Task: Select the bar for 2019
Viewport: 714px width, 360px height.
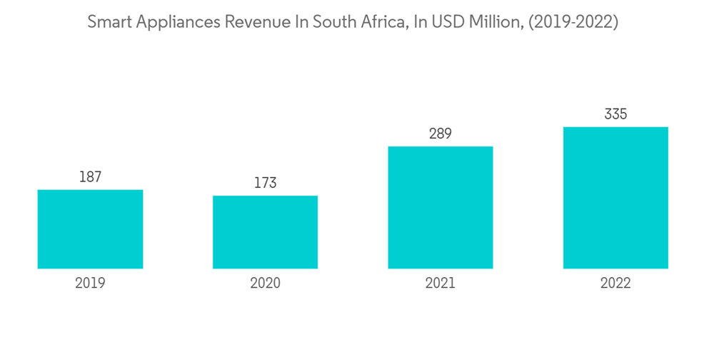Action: click(x=90, y=229)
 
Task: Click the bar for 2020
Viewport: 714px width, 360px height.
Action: click(x=265, y=232)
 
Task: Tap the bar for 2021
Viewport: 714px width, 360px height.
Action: click(x=441, y=208)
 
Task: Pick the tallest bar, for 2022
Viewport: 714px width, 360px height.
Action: click(x=615, y=198)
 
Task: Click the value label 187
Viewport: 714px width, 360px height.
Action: click(x=90, y=177)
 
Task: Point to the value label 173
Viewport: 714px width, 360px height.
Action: click(x=265, y=184)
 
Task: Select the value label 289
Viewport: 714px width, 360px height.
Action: click(x=441, y=134)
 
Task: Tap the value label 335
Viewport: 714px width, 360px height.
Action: click(x=615, y=114)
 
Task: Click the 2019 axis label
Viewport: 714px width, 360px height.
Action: click(x=90, y=283)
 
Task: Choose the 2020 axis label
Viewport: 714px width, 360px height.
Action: click(x=265, y=283)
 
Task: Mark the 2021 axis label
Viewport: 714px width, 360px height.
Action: click(x=441, y=283)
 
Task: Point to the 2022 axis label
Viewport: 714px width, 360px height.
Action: click(x=615, y=283)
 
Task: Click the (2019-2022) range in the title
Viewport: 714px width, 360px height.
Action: click(x=574, y=23)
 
